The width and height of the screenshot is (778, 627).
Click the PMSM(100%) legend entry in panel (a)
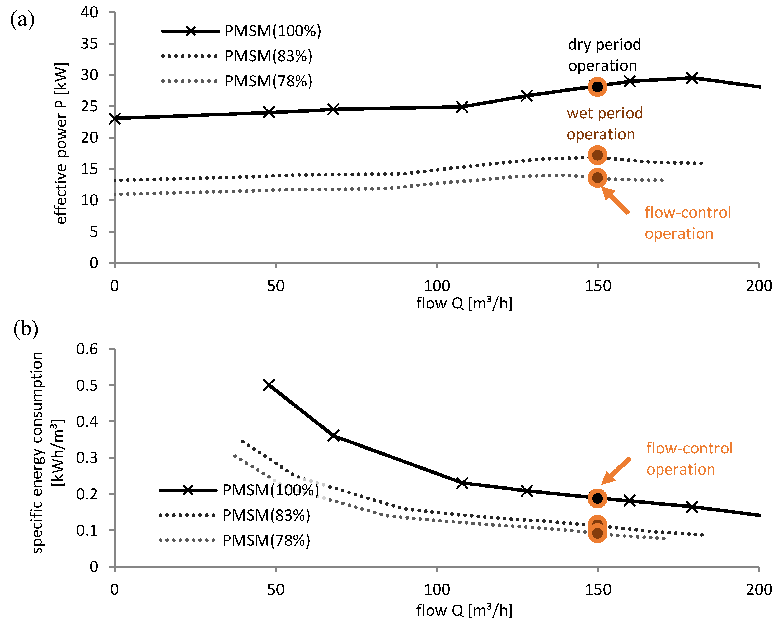pyautogui.click(x=241, y=31)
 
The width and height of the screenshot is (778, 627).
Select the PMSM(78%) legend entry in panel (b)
pyautogui.click(x=235, y=540)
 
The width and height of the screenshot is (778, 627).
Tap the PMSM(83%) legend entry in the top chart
pyautogui.click(x=237, y=56)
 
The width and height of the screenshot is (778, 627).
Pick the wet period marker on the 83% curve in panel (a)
pyautogui.click(x=597, y=155)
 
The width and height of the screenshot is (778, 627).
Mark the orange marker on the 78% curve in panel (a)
pyautogui.click(x=597, y=178)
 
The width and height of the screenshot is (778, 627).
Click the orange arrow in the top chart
pyautogui.click(x=616, y=200)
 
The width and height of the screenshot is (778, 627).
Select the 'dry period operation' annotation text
pyautogui.click(x=604, y=55)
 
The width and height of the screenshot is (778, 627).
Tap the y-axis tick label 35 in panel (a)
pyautogui.click(x=89, y=44)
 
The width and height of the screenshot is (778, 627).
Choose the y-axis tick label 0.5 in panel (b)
pyautogui.click(x=87, y=385)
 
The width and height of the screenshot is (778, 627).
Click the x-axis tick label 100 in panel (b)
pyautogui.click(x=437, y=589)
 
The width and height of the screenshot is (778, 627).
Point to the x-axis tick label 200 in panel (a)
pyautogui.click(x=759, y=286)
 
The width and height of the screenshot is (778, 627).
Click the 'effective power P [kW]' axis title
pyautogui.click(x=61, y=143)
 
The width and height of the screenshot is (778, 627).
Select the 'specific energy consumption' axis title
pyautogui.click(x=38, y=452)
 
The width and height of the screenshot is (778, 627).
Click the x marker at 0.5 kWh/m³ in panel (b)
pyautogui.click(x=269, y=385)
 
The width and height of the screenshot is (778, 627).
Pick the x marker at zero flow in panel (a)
pyautogui.click(x=115, y=119)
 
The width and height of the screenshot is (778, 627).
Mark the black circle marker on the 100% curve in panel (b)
pyautogui.click(x=597, y=498)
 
